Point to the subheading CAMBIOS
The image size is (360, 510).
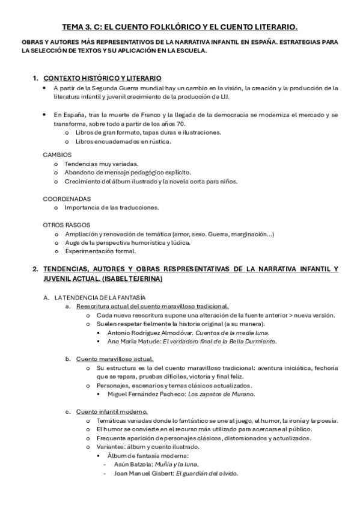(57, 155)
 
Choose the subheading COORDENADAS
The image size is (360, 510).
(67, 198)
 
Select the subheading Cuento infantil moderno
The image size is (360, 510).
(112, 411)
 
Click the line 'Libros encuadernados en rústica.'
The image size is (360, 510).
(124, 141)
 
